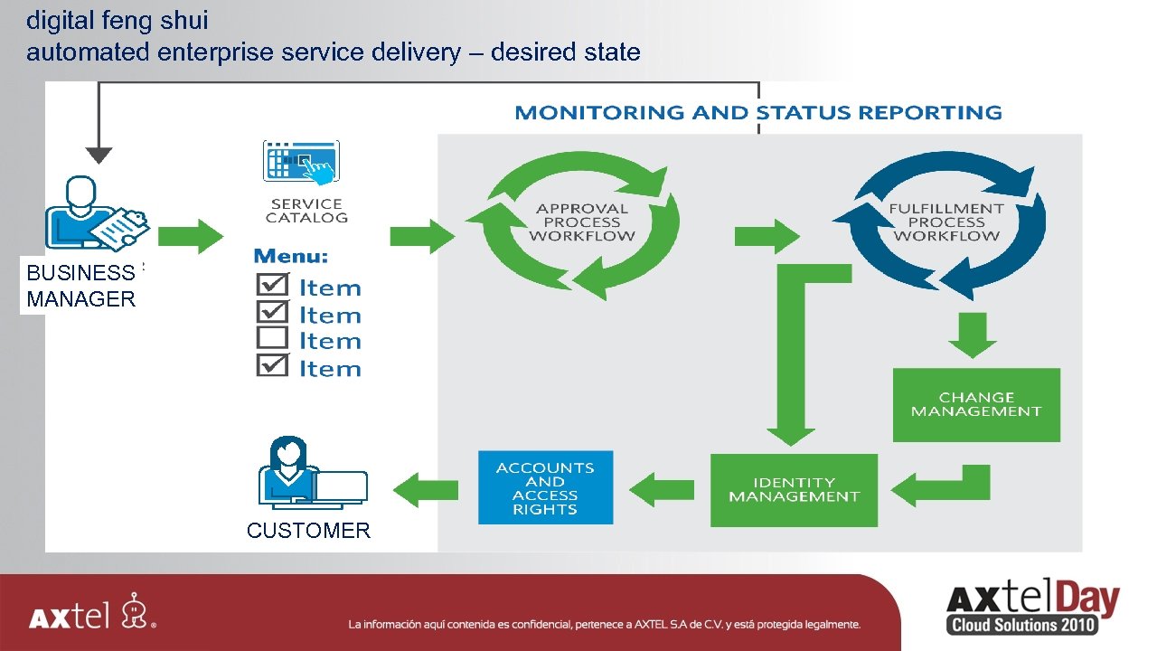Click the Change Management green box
[x=976, y=404]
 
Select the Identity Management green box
[x=794, y=489]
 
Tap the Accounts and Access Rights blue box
[x=545, y=487]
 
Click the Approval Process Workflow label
[x=581, y=222]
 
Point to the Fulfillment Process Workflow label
[x=945, y=222]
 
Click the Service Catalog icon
[x=301, y=163]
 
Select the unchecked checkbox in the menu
[x=272, y=339]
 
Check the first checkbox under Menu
[x=272, y=285]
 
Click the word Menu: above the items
[x=291, y=257]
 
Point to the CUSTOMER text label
[x=308, y=531]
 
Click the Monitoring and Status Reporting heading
[x=757, y=113]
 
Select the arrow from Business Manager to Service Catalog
[x=191, y=237]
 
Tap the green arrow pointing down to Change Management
[x=973, y=335]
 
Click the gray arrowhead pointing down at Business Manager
[x=99, y=155]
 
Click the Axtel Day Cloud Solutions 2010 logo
[x=1032, y=609]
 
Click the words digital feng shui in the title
[x=118, y=20]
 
